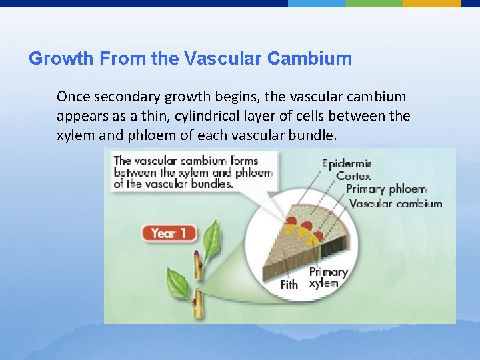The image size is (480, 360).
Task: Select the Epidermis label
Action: coord(347,163)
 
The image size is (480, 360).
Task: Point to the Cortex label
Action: coord(353,176)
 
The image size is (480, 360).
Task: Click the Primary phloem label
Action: coord(385,189)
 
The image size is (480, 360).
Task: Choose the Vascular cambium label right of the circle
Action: coord(395,203)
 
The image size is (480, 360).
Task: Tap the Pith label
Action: coord(289,285)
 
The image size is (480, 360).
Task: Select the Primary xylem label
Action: coord(329,277)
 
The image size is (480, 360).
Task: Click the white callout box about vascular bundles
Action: coord(193,172)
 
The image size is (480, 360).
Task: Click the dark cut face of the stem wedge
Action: coord(330,249)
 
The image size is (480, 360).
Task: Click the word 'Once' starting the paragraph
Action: coord(71,97)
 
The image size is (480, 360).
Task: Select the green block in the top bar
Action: coord(373,3)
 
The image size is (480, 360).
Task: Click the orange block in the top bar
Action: coord(431,3)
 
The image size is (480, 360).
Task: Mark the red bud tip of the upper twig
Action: coord(197,254)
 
